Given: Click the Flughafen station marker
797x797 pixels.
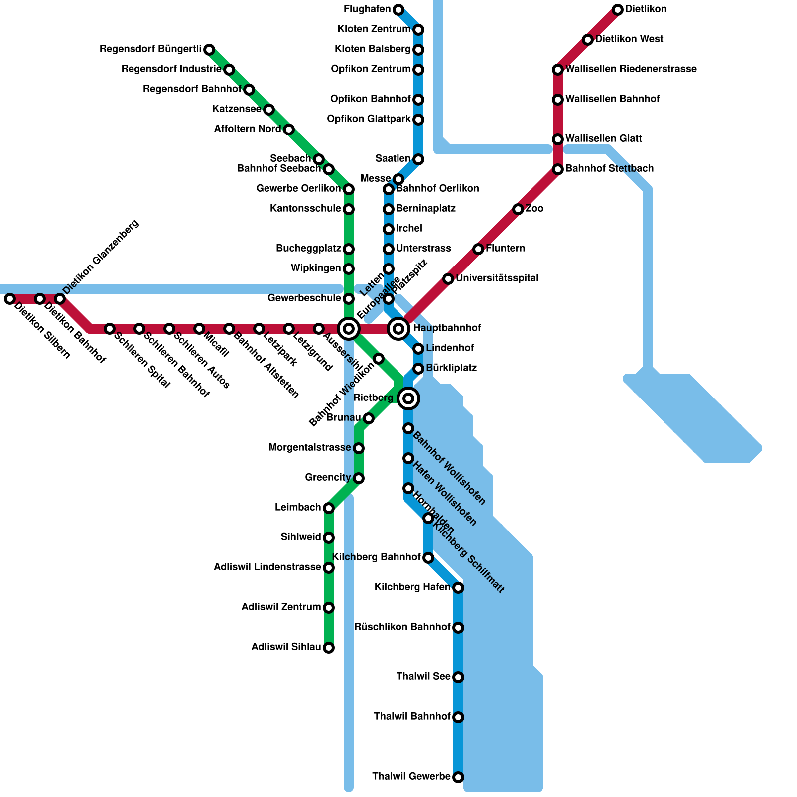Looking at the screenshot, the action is point(398,9).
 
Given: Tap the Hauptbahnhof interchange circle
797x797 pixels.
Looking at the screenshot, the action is point(398,329).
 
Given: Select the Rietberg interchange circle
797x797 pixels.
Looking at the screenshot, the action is point(408,398).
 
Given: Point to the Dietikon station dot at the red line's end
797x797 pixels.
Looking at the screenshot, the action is point(618,9).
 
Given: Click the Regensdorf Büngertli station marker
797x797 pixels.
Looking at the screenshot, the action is point(209,49).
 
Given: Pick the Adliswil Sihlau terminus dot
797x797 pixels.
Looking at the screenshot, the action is point(329,648).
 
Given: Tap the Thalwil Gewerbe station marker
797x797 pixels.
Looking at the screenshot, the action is point(458,777).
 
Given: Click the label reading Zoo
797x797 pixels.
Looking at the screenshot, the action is point(534,209).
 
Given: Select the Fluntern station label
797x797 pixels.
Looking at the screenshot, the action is point(505,249).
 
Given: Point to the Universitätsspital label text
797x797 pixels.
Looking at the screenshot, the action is point(497,278).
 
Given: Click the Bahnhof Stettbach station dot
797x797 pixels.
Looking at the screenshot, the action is point(558,169).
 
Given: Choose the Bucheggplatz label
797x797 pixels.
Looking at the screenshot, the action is point(308,249).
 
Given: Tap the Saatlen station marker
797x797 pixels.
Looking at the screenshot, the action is point(418,159).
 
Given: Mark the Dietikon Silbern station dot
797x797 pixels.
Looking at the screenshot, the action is point(10,299).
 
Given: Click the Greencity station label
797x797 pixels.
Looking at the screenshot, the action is point(328,478).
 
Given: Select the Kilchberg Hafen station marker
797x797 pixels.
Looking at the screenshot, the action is point(458,588).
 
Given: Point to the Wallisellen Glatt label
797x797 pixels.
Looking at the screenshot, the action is point(604,139).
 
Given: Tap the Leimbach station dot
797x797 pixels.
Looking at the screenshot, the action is point(329,508).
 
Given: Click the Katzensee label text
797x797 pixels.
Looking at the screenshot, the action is point(237,109).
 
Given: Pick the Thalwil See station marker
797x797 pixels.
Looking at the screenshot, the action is point(458,677).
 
